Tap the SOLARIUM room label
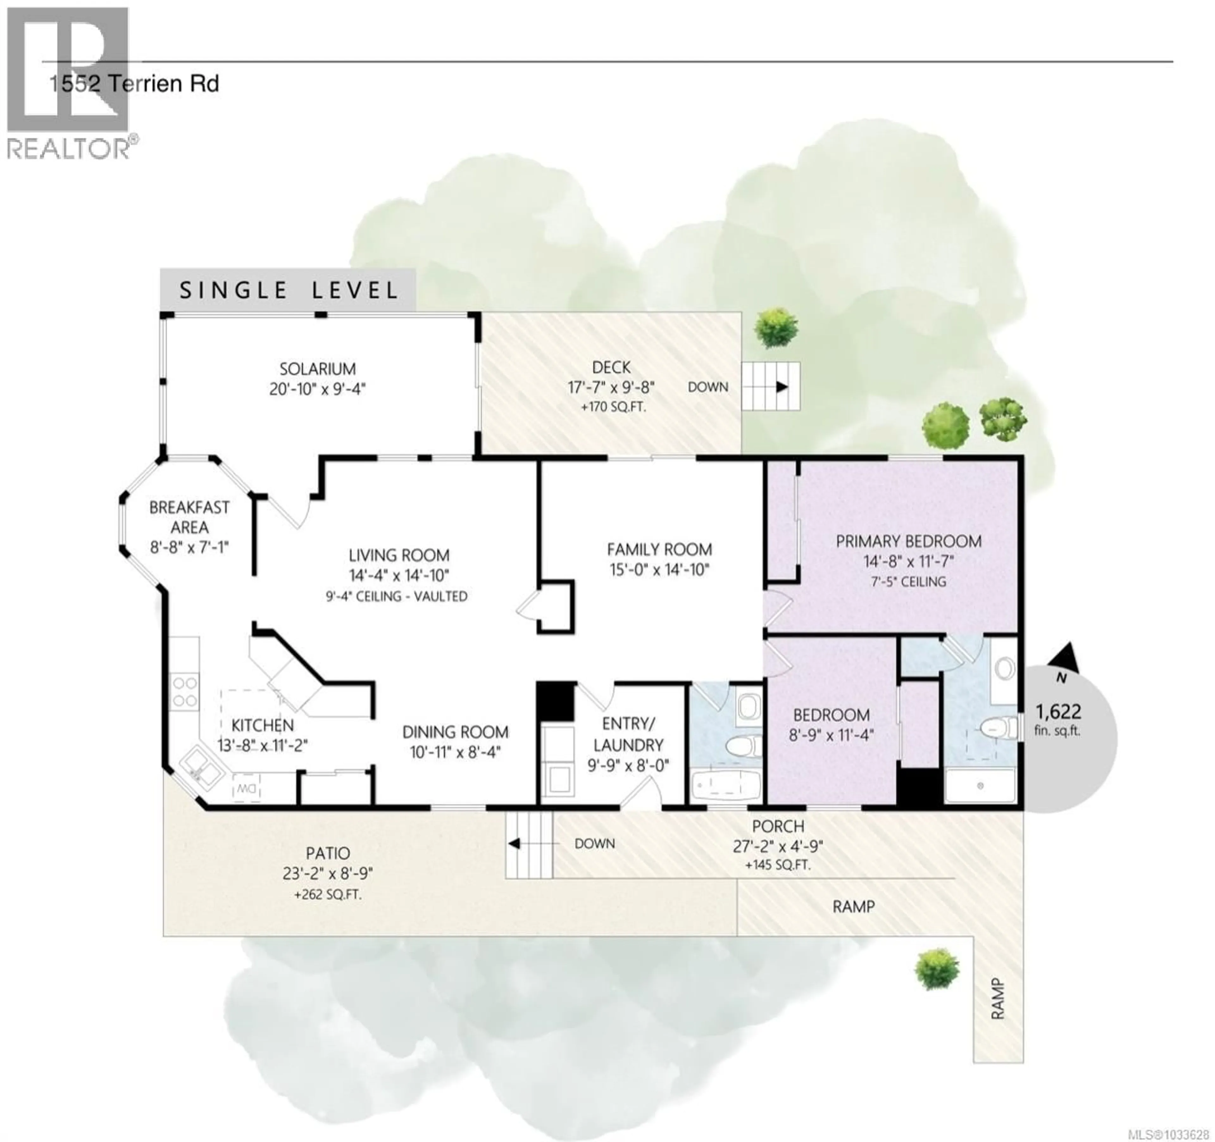pyautogui.click(x=317, y=369)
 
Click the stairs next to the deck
pyautogui.click(x=771, y=386)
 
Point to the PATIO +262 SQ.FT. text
pyautogui.click(x=327, y=895)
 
